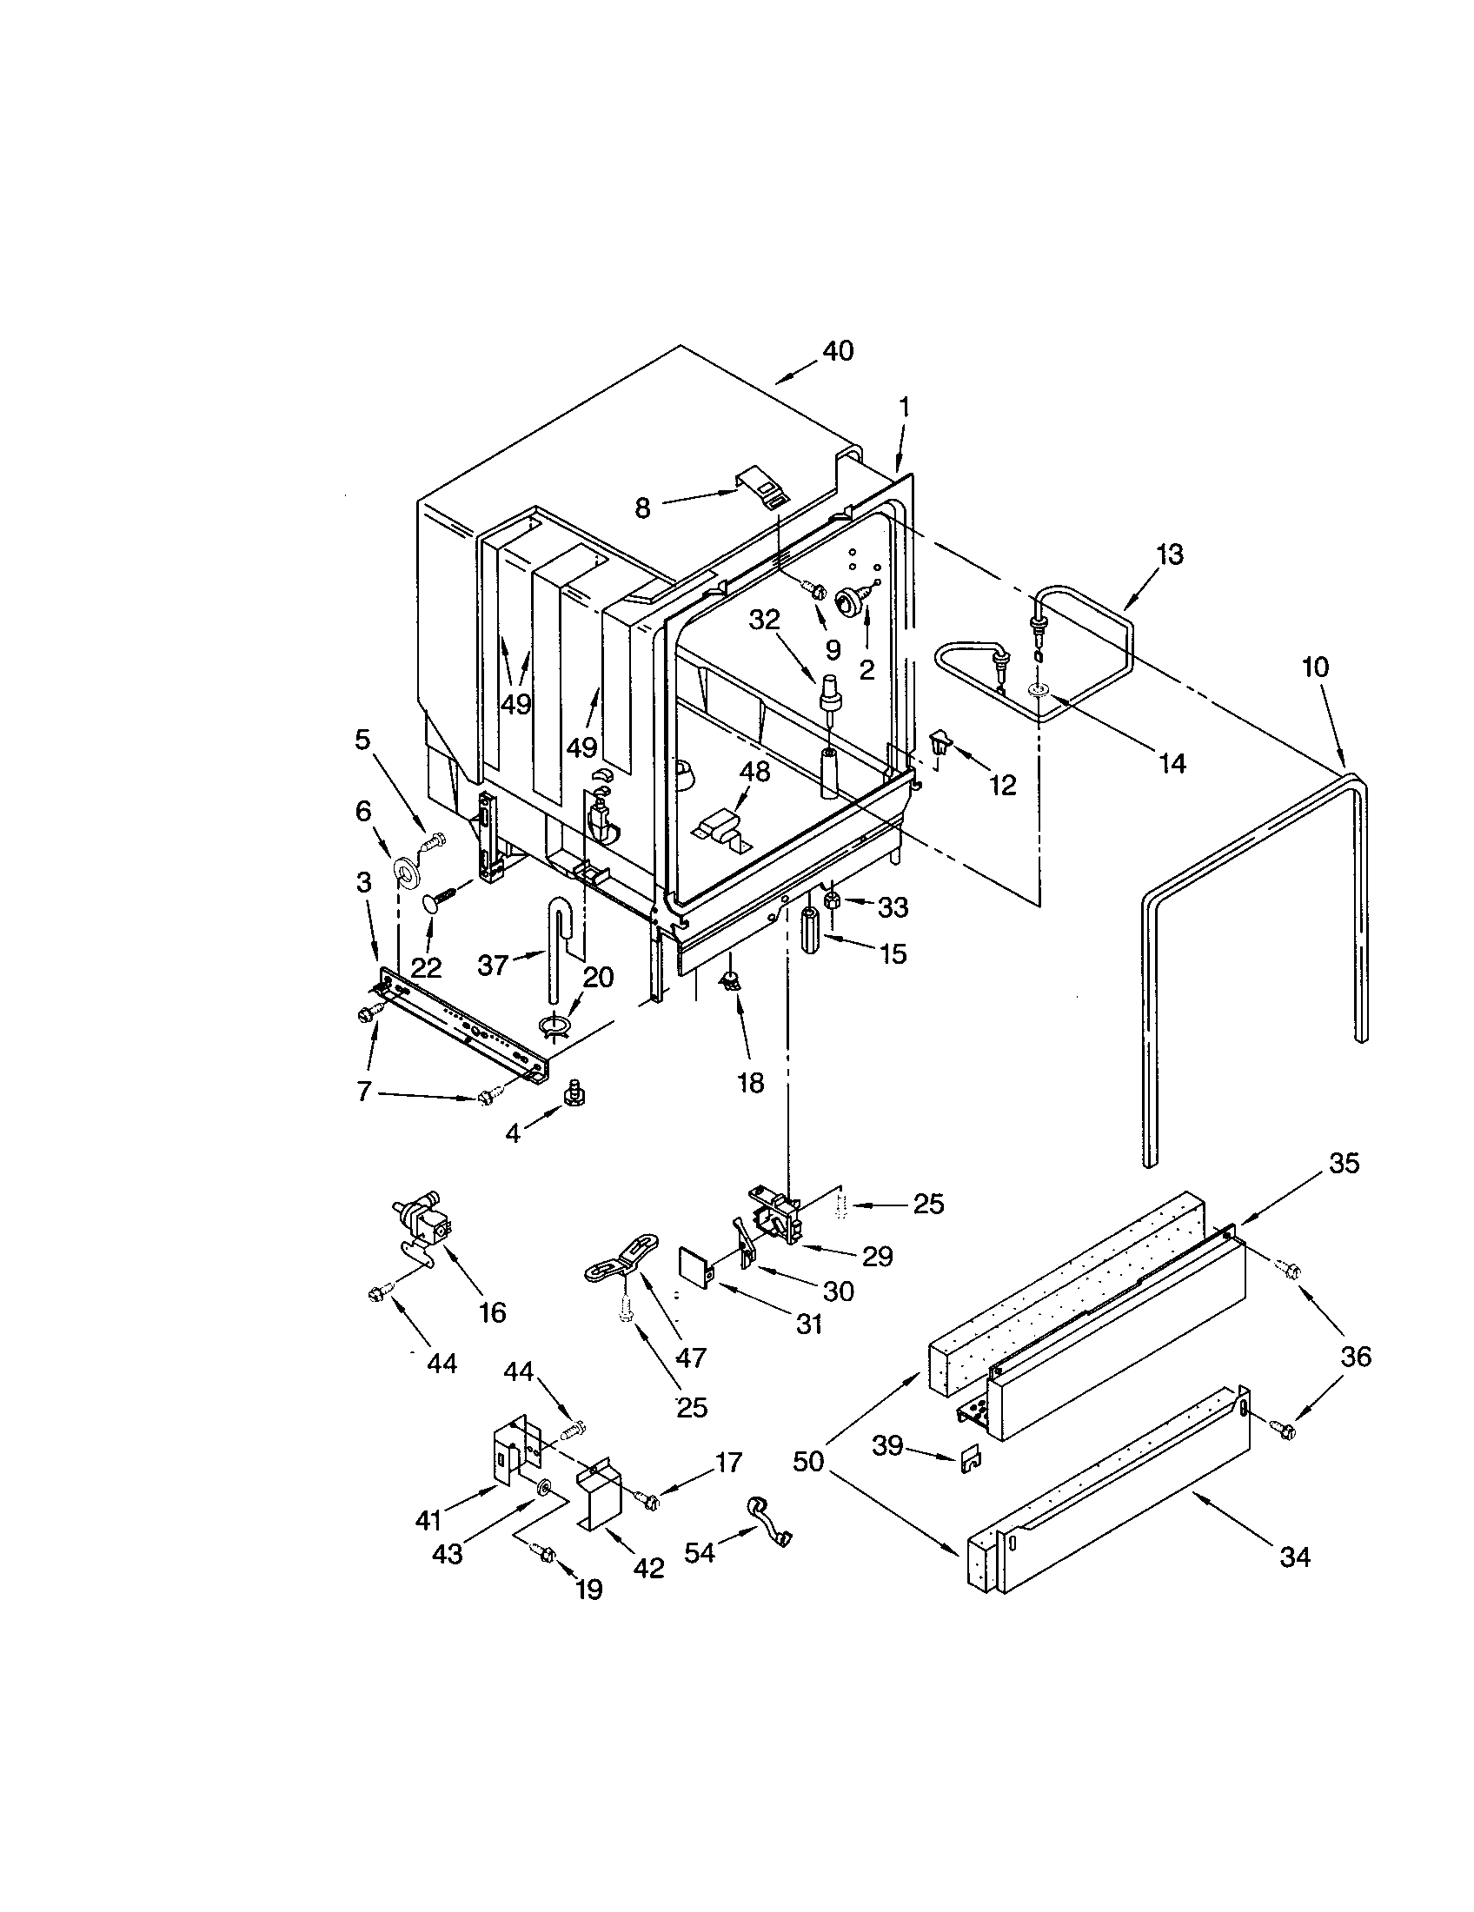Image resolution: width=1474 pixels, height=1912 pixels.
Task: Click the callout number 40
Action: click(838, 352)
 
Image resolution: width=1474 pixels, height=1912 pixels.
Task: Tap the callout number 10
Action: click(1314, 667)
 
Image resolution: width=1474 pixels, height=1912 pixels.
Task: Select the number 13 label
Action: click(1169, 554)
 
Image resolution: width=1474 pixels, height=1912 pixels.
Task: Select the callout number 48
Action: click(754, 772)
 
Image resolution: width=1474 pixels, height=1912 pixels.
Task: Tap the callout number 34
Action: click(1295, 1557)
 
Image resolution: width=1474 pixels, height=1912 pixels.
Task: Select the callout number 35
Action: click(1344, 1164)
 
